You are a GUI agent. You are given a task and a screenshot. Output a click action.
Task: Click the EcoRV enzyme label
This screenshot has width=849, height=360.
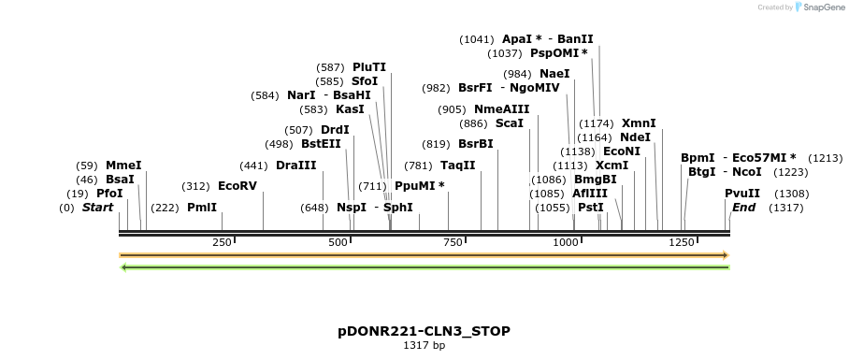237,186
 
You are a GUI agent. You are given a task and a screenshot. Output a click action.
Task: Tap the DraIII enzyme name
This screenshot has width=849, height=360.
296,166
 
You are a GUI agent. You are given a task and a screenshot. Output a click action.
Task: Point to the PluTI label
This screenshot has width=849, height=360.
369,67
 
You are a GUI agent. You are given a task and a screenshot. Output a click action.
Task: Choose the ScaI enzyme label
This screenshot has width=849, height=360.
510,123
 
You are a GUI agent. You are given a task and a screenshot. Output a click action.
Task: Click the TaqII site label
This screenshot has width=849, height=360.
458,166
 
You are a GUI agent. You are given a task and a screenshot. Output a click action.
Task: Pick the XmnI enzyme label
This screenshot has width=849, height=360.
639,123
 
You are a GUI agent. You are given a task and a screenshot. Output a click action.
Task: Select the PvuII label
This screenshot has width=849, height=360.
742,194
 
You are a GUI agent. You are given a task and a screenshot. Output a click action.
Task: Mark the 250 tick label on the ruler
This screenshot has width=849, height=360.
222,243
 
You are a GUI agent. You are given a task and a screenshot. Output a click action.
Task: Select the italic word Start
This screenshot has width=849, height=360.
98,208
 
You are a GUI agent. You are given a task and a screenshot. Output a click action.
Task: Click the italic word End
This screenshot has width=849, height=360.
743,208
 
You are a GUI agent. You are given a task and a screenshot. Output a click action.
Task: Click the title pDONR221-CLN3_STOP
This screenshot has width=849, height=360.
424,332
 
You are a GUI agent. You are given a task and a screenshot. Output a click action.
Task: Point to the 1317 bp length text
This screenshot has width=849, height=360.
424,346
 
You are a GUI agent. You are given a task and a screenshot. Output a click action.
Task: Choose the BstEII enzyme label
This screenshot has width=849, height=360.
321,144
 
